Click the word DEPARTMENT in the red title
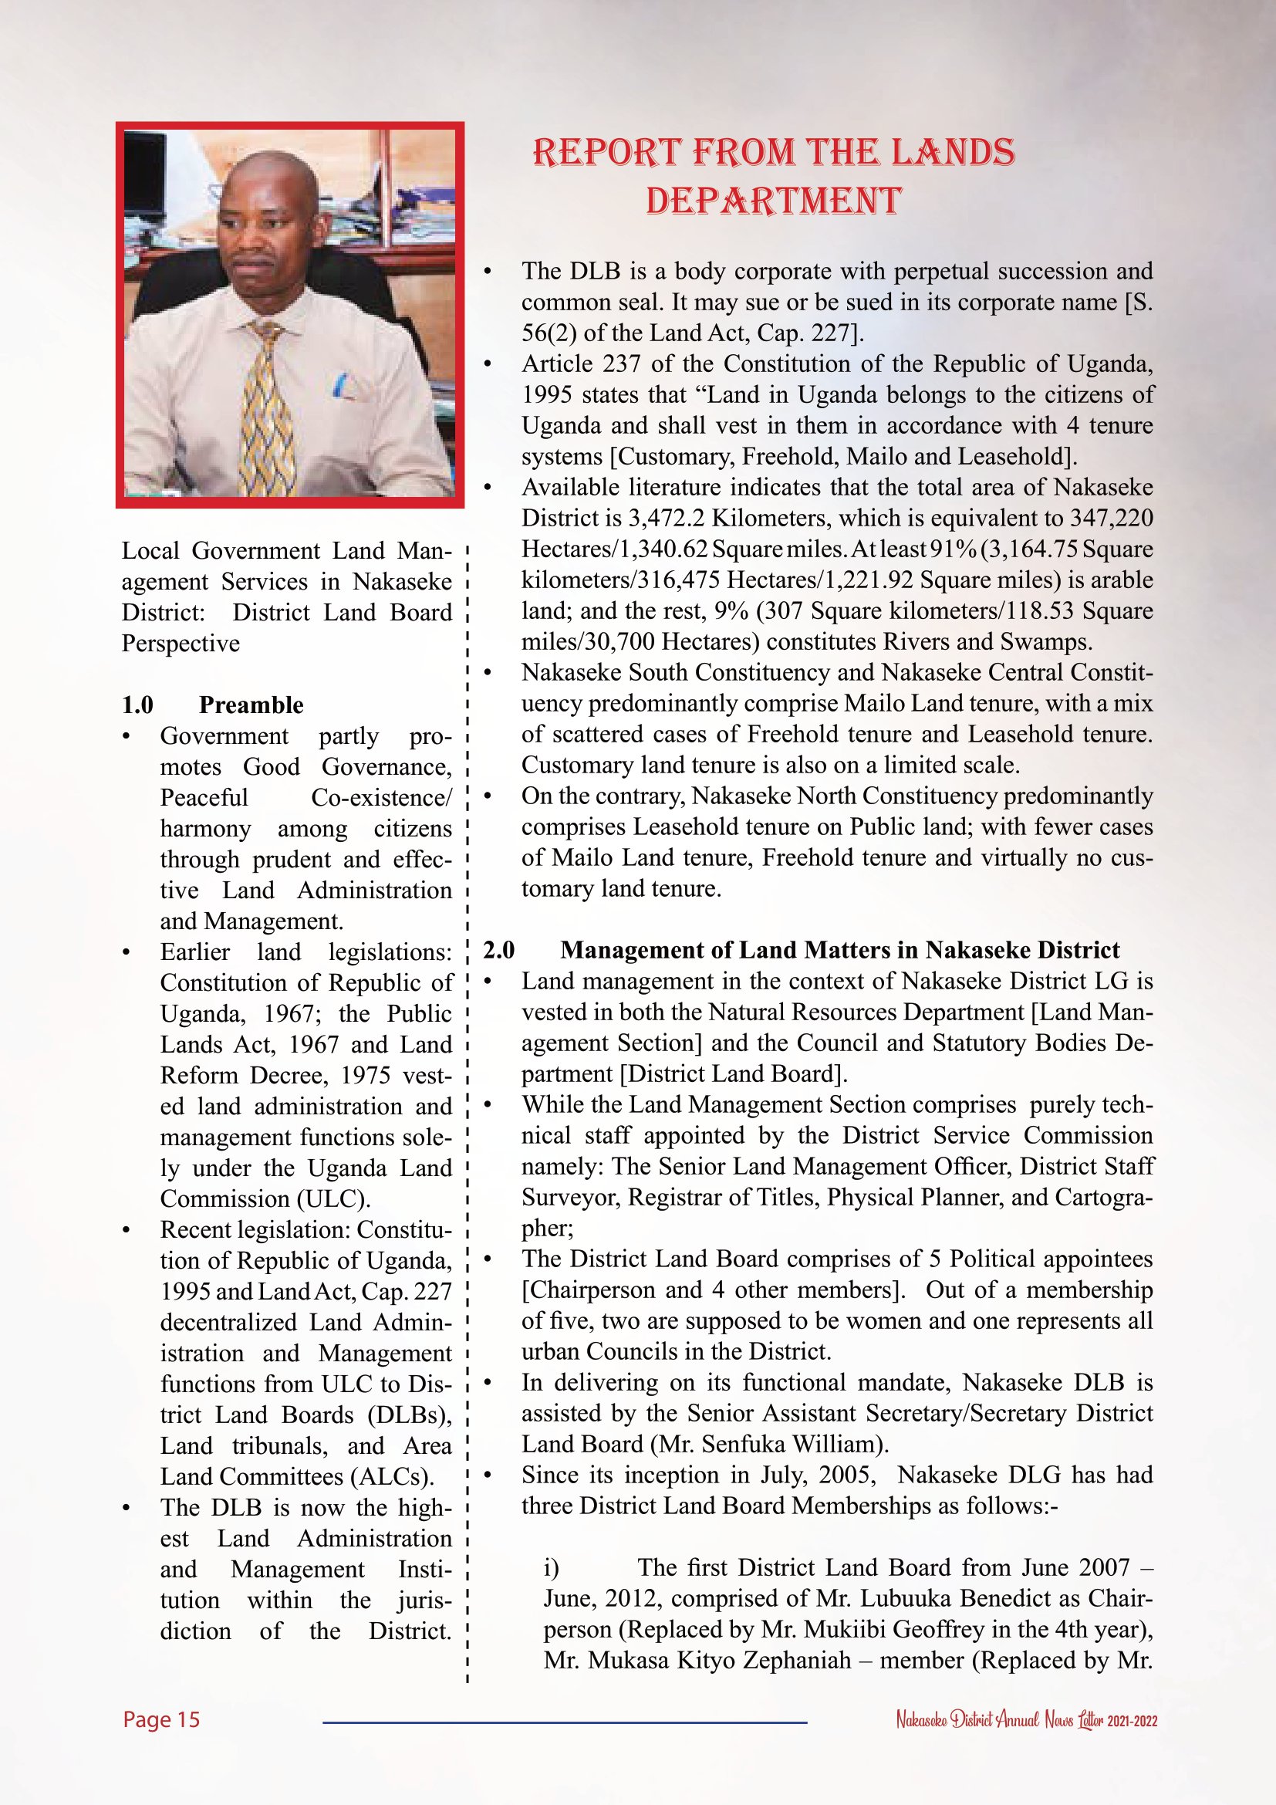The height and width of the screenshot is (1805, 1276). coord(773,201)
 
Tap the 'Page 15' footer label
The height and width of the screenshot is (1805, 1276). coord(161,1719)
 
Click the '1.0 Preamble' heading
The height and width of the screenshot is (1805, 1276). coord(212,705)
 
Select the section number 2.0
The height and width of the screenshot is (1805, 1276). coord(499,950)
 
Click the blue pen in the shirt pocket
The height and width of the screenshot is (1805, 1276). coord(339,385)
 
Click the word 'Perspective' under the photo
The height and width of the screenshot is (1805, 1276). coord(181,643)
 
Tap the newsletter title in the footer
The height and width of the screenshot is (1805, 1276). coord(1026,1720)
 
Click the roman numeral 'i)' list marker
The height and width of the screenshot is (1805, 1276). coord(552,1567)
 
